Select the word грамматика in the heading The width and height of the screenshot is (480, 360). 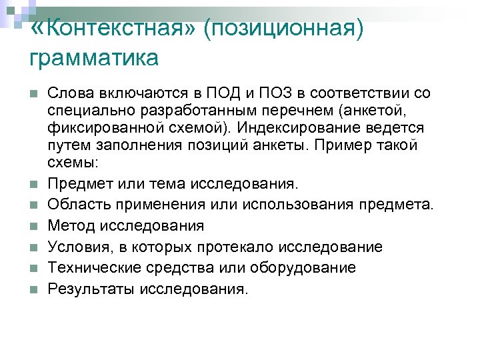(94, 58)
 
